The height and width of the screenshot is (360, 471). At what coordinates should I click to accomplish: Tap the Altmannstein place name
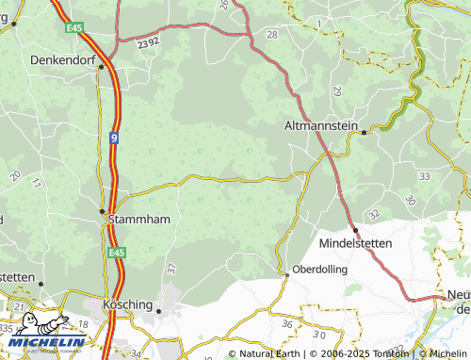[x=322, y=124]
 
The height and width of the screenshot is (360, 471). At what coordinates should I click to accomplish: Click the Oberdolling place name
[x=320, y=269]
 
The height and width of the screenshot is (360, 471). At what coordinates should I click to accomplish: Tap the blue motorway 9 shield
[x=113, y=137]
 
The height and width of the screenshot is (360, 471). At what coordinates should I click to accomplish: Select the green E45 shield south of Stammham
[x=116, y=253]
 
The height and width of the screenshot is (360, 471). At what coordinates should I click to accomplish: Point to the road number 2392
[x=147, y=43]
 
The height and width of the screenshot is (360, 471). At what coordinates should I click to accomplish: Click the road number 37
[x=171, y=268]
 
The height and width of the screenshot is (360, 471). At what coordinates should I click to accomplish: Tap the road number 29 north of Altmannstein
[x=336, y=91]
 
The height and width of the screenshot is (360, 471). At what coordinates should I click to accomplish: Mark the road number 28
[x=272, y=34]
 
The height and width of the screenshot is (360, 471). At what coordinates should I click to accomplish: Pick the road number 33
[x=425, y=176]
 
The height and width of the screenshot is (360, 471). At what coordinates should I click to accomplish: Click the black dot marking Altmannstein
[x=364, y=133]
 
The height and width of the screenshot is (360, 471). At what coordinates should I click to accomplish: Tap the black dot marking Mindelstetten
[x=355, y=230]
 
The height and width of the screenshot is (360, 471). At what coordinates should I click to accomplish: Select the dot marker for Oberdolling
[x=286, y=274]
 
